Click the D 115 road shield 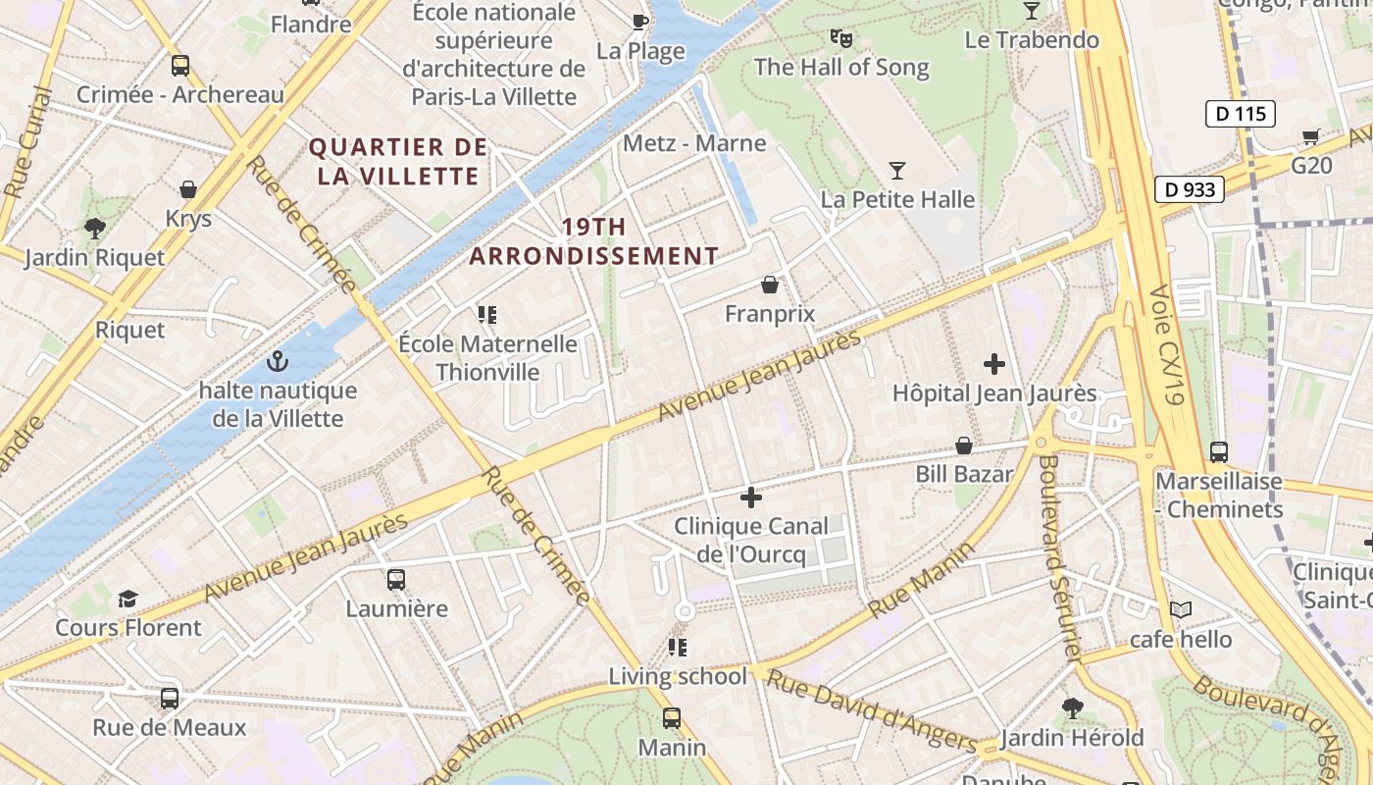(x=1240, y=114)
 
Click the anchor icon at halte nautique (x=278, y=362)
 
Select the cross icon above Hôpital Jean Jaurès (x=994, y=364)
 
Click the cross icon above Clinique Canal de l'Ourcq (x=751, y=497)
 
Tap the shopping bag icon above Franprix (x=770, y=285)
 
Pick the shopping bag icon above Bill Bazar (x=964, y=445)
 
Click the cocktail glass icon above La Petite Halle (x=896, y=171)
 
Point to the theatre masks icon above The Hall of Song (x=840, y=38)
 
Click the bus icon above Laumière (x=396, y=579)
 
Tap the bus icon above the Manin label (x=672, y=718)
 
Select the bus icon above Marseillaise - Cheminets (x=1219, y=452)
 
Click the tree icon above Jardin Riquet (x=95, y=230)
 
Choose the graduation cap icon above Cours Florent (x=127, y=599)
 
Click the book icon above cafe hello (x=1181, y=610)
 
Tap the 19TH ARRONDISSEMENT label (x=593, y=241)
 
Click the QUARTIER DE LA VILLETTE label (x=398, y=162)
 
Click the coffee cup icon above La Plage (x=640, y=21)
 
